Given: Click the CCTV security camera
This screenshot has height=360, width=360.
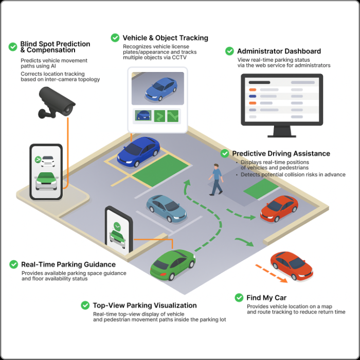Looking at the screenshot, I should pos(58,101).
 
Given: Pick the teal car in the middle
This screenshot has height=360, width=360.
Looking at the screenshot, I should pos(166,207).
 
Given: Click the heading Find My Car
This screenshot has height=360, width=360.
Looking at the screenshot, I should pos(266,298).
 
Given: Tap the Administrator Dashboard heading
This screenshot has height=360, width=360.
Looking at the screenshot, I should pos(279,51).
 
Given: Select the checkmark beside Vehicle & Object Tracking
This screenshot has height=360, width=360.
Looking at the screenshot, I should pos(115,38).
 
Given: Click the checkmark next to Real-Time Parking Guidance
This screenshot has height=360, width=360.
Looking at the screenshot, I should pos(13,264).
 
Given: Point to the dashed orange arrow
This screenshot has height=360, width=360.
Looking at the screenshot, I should pos(271,273).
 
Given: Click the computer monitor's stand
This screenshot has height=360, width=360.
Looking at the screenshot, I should pos(281,132).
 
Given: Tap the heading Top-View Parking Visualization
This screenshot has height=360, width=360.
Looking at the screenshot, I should pos(145,305).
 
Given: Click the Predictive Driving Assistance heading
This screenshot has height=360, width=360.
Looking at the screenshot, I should pos(281,154).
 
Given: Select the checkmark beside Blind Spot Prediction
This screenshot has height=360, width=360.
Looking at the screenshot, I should pos(13,47).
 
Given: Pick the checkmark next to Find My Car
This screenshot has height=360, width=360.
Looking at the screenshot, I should pos(239,298).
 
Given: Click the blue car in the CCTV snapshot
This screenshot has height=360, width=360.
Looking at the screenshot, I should pos(161,89).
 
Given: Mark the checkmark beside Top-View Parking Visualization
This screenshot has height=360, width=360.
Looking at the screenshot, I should pos(85,305).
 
